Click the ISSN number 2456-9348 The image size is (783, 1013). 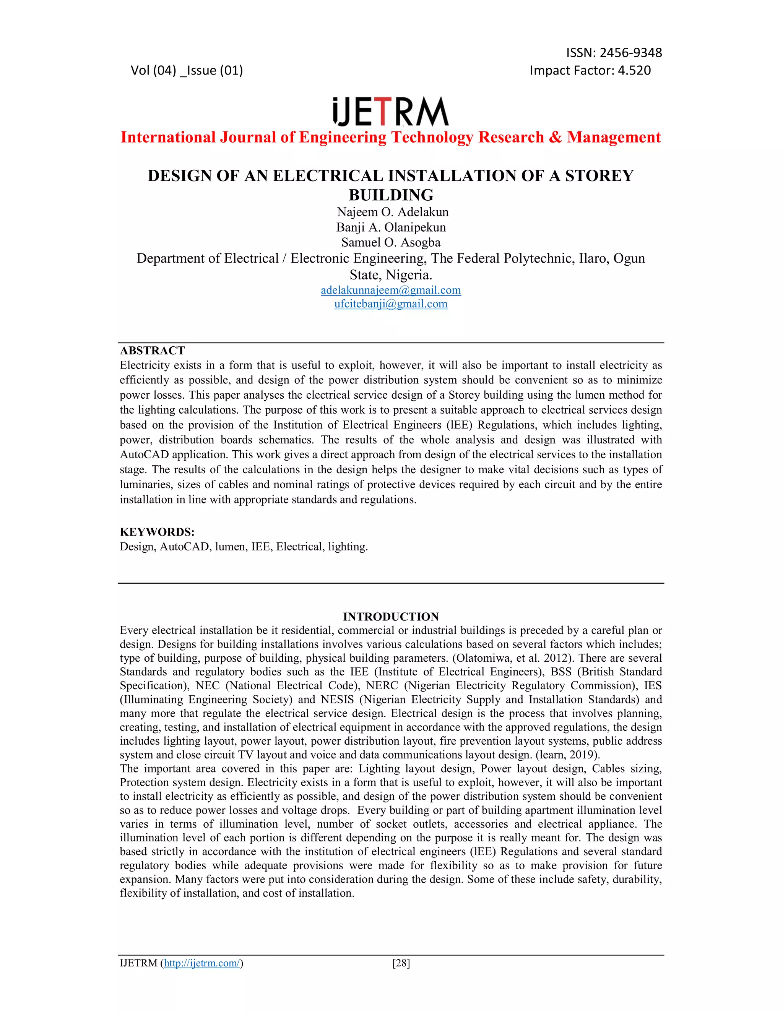tap(630, 53)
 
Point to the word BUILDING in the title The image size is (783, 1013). tap(391, 195)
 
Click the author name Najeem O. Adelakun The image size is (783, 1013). tap(392, 212)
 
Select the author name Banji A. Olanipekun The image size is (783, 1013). tap(391, 227)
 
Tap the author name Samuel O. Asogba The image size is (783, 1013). tap(391, 243)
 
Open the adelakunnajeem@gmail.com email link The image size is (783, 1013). tap(391, 291)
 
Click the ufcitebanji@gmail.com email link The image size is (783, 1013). tap(391, 304)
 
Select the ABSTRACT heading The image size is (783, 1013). tap(152, 351)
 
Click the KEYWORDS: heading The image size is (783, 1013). tap(157, 532)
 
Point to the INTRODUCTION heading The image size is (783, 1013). tap(391, 617)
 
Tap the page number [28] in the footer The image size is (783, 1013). tap(401, 963)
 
